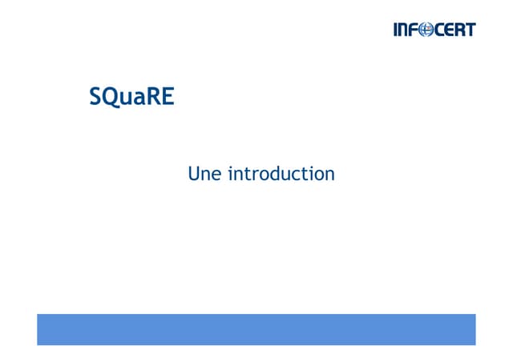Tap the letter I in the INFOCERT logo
click(x=395, y=30)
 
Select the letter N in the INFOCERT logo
click(x=404, y=30)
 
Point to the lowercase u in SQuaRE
click(x=127, y=100)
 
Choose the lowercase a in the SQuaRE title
click(x=140, y=100)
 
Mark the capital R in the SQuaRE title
click(x=154, y=98)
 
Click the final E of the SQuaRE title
click(x=168, y=98)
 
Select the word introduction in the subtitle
click(x=281, y=173)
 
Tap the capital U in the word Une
click(x=194, y=173)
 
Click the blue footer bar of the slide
click(x=256, y=329)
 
